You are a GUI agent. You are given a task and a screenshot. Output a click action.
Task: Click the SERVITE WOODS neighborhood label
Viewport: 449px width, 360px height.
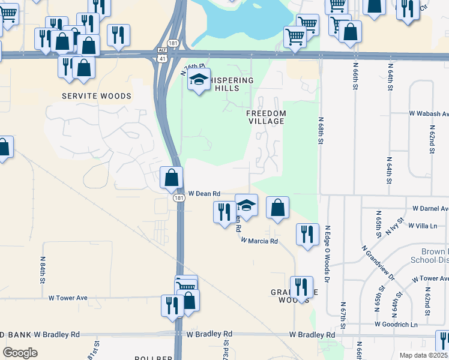pyautogui.click(x=97, y=96)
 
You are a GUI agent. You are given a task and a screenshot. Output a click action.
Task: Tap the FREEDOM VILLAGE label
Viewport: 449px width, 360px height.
pyautogui.click(x=266, y=117)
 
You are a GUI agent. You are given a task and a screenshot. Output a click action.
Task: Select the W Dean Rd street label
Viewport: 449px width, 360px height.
pyautogui.click(x=205, y=194)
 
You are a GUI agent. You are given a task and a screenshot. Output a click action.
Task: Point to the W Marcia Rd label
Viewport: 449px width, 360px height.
pyautogui.click(x=260, y=241)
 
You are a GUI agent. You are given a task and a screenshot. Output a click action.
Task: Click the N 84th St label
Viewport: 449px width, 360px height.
pyautogui.click(x=43, y=270)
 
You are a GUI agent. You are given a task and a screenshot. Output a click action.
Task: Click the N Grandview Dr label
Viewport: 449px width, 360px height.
pyautogui.click(x=378, y=262)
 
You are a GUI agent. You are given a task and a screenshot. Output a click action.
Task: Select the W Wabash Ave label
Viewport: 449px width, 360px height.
pyautogui.click(x=429, y=113)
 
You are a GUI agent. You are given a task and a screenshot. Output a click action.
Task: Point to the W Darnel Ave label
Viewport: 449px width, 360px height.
pyautogui.click(x=430, y=209)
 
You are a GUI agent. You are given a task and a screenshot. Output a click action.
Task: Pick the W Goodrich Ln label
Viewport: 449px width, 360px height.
pyautogui.click(x=396, y=324)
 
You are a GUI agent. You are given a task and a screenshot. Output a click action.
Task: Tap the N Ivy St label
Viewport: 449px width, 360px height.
pyautogui.click(x=393, y=226)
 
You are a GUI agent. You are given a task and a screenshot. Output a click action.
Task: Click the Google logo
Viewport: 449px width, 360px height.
pyautogui.click(x=20, y=353)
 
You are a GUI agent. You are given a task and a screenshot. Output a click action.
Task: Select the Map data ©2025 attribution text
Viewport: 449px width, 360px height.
pyautogui.click(x=424, y=355)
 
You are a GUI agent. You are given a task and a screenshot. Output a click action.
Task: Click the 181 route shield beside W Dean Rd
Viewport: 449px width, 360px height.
pyautogui.click(x=179, y=199)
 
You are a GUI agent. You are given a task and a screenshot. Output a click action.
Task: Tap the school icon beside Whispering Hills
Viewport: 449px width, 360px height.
pyautogui.click(x=199, y=79)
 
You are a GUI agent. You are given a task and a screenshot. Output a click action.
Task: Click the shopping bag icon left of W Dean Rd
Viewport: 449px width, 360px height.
pyautogui.click(x=172, y=177)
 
